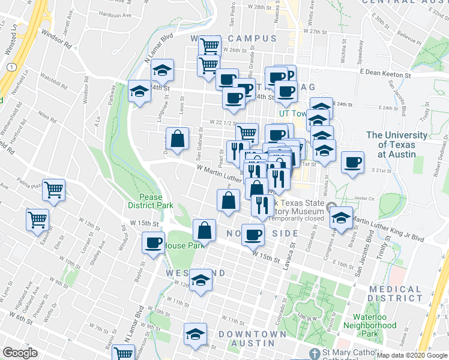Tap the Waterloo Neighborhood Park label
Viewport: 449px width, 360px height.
[x=373, y=325]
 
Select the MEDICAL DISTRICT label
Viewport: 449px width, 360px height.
[x=396, y=293]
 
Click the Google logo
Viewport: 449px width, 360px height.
[x=20, y=353]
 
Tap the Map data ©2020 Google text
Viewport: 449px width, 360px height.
[x=411, y=355]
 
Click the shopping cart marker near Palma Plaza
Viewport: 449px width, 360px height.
[x=54, y=191]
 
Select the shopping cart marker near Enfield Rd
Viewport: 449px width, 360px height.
[x=37, y=219]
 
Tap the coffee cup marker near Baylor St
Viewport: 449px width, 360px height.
[x=154, y=243]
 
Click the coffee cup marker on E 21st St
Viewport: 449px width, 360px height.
[x=353, y=161]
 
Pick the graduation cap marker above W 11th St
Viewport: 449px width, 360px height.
[x=200, y=281]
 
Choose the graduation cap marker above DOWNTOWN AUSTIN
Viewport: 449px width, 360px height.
[x=195, y=334]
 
